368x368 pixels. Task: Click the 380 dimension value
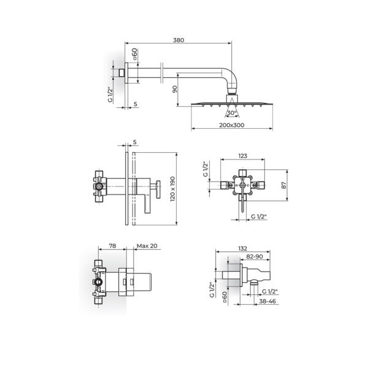click(x=178, y=40)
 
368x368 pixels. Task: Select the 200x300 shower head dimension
click(x=231, y=125)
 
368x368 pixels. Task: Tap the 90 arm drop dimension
click(x=174, y=89)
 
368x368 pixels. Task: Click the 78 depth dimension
click(x=112, y=245)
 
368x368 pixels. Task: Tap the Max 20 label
click(x=147, y=245)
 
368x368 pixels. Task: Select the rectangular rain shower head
click(x=231, y=102)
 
